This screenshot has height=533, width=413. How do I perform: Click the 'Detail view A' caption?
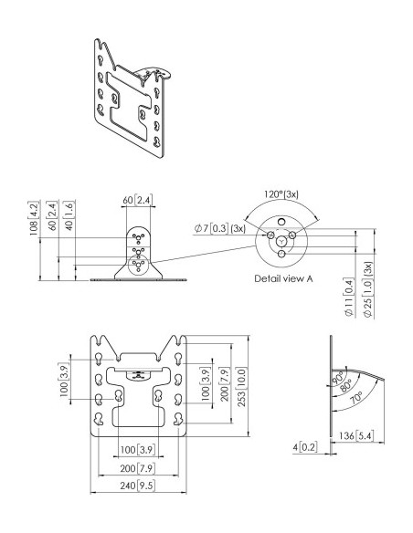point(283,278)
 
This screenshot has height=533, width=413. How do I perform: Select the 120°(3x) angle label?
point(281,194)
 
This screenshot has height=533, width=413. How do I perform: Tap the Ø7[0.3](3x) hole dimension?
point(219,228)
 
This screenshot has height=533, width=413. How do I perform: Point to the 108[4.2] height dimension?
point(33,218)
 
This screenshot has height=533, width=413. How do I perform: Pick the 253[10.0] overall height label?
point(240,388)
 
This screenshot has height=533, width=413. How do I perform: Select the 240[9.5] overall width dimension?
point(138,486)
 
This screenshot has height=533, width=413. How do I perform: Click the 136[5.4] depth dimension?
point(356,435)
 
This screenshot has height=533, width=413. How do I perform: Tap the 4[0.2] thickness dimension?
point(305,447)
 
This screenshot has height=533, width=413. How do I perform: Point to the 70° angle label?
point(357,397)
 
